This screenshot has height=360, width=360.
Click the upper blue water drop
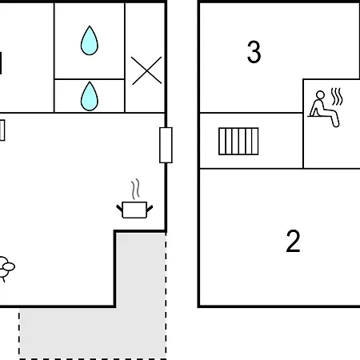tap(90, 42)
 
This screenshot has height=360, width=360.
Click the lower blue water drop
tap(90, 97)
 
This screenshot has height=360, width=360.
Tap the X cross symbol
tap(146, 70)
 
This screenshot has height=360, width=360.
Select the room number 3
tap(254, 52)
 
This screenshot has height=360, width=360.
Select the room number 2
tap(293, 241)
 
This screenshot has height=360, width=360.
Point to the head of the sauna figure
tap(320, 95)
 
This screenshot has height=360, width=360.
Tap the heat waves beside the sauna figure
tap(337, 97)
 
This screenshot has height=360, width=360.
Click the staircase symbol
tap(238, 142)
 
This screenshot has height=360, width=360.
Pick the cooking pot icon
tap(134, 210)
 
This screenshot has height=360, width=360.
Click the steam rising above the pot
tap(135, 190)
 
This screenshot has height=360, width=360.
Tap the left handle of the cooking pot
tap(119, 208)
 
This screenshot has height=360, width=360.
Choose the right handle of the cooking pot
tap(150, 208)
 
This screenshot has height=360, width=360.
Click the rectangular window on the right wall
tap(166, 145)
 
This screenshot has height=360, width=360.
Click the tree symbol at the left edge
tap(6, 269)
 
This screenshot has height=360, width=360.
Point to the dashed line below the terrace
tap(93, 359)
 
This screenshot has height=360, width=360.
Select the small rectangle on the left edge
tap(2, 130)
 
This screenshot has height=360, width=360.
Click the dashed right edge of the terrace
tap(166, 295)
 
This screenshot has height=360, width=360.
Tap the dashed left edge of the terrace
tap(19, 334)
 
